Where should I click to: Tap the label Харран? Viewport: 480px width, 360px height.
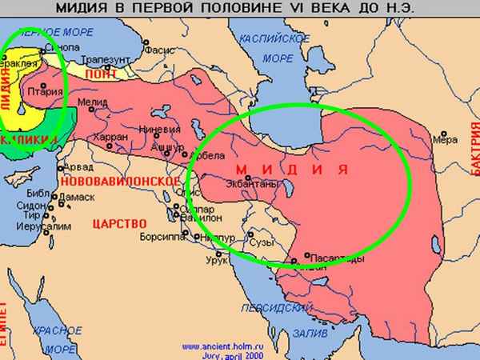[x=110, y=138]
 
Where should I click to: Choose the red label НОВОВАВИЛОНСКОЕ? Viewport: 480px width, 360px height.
[x=118, y=180]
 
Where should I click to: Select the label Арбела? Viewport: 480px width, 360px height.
[x=212, y=154]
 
